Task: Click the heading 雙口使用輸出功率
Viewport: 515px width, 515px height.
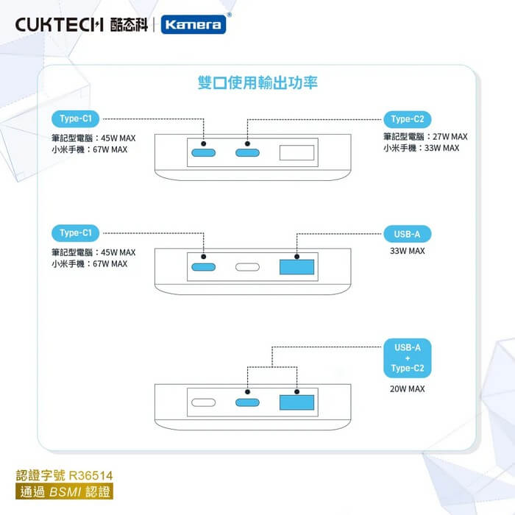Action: coord(257,82)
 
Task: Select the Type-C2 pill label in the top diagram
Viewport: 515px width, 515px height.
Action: coord(407,119)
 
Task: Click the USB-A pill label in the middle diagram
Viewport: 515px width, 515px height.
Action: coord(407,235)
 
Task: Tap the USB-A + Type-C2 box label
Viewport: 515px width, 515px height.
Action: coord(407,358)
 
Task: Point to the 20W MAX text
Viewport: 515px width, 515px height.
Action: coord(407,388)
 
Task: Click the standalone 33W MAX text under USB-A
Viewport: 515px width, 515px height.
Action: coord(407,252)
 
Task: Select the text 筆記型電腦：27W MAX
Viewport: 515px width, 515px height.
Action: coord(425,137)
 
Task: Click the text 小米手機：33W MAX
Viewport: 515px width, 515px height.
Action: coord(421,148)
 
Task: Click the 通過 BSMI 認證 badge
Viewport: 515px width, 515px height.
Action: coord(65,491)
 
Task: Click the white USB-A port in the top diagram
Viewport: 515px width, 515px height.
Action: coord(296,153)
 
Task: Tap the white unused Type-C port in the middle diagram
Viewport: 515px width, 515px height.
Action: coord(247,268)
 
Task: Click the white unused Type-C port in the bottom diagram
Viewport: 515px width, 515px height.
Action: coord(203,403)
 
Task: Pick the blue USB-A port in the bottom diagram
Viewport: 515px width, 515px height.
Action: coord(296,403)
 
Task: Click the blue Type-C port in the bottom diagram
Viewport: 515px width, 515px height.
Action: coord(247,403)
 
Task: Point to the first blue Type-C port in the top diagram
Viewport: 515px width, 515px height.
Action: coord(203,153)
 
